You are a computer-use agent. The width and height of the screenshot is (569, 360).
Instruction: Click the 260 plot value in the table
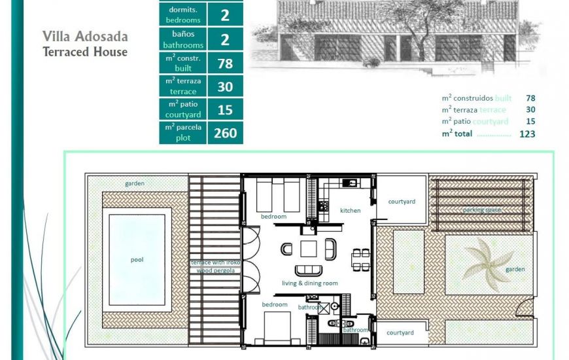coord(225,134)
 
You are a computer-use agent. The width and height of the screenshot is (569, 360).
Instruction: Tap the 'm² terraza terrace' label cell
coord(183,86)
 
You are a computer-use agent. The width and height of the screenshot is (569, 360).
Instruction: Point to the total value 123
coord(526,134)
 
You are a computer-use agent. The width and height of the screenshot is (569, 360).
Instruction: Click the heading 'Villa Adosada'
coord(85,36)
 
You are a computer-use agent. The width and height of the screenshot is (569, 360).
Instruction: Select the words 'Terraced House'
coord(85,52)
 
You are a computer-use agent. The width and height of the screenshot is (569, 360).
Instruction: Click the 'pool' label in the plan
coord(137,260)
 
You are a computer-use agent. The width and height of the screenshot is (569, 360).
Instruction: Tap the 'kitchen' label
coord(350,211)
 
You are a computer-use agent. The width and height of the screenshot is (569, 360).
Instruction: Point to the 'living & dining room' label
coord(309,283)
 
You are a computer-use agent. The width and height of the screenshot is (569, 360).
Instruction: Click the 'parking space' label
coord(482,210)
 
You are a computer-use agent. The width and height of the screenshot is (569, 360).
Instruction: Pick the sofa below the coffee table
coord(309,270)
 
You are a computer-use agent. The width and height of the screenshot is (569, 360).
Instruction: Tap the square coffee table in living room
coord(309,249)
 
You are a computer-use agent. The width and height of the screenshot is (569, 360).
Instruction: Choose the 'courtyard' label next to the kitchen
coord(402,202)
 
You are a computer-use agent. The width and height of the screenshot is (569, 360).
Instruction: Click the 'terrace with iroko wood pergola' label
coord(215,266)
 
